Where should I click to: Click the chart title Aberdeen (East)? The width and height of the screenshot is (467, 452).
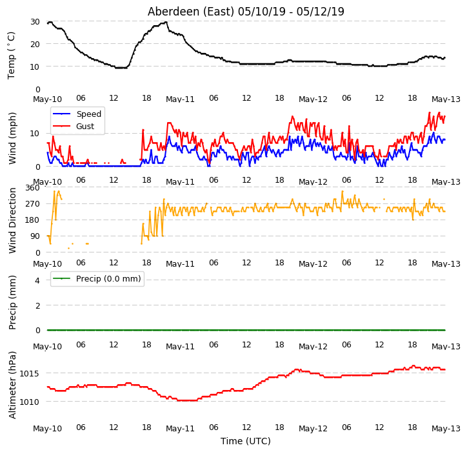coord(191,12)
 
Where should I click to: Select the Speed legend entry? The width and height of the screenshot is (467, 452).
coord(77,114)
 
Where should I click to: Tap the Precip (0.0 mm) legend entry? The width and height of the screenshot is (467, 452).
coord(97,278)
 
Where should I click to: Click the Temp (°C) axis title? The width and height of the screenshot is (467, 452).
coord(11,56)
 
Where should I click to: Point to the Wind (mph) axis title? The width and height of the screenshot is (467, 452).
coord(12,138)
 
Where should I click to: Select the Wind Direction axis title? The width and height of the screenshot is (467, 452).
coord(12,221)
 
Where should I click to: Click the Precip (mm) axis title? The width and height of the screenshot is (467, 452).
coord(12,302)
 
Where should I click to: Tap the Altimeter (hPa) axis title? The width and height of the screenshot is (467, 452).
coord(12,385)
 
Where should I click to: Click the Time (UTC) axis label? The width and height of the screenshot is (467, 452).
coord(245,440)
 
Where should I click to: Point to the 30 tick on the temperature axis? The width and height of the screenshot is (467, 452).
coord(35,21)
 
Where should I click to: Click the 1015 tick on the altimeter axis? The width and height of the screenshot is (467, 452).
coord(29,373)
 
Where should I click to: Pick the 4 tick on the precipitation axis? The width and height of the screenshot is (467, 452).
coord(37,280)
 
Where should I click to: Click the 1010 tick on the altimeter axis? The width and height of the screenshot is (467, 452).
coord(29,402)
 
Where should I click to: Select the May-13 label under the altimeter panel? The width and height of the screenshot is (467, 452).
coord(446,429)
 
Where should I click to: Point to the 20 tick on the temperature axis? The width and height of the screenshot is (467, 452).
coord(35,44)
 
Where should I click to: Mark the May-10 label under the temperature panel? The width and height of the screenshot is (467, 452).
coord(47,99)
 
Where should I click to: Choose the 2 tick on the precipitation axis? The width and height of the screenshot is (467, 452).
coord(37,305)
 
